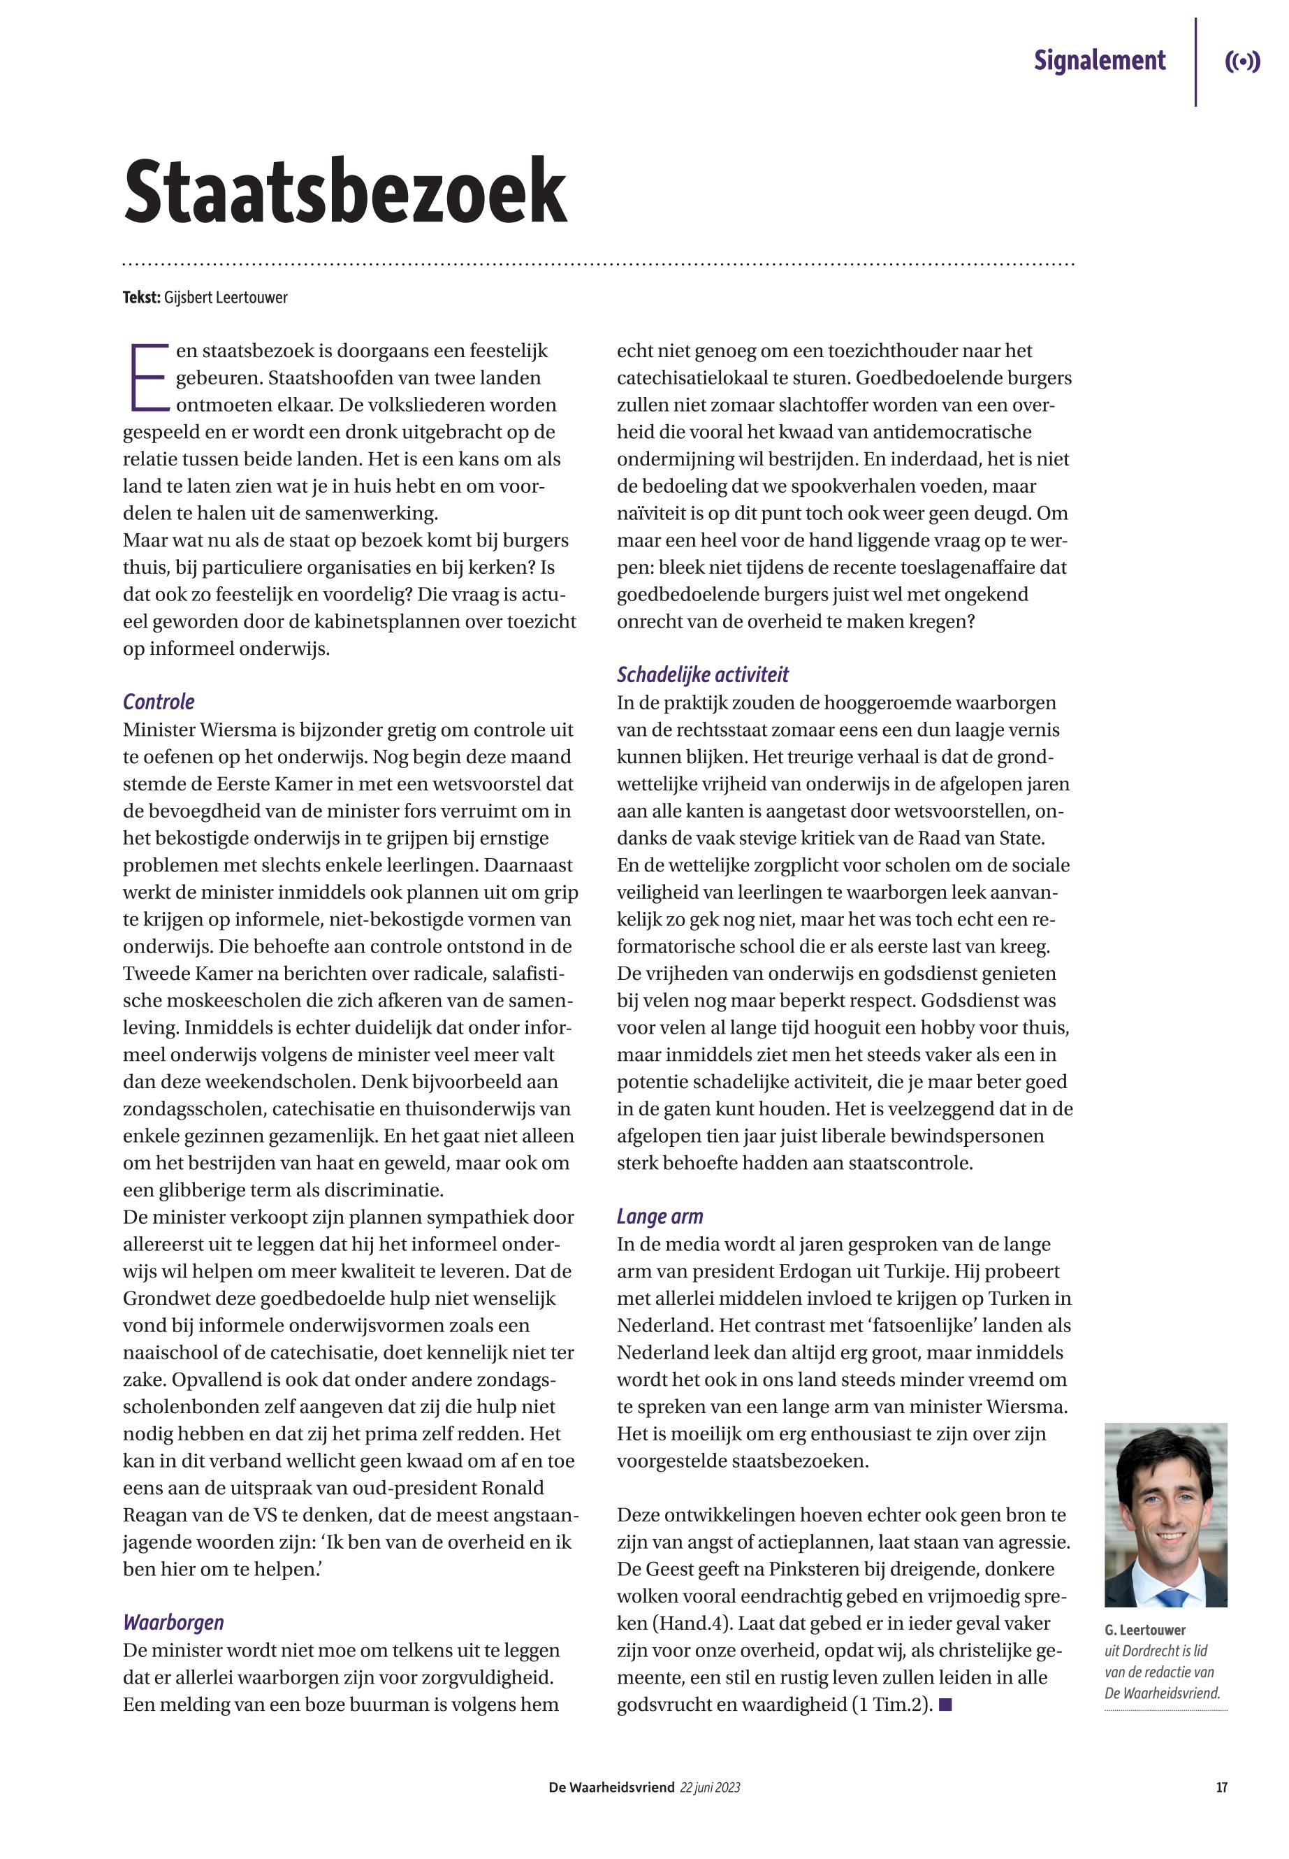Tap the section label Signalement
[x=1099, y=61]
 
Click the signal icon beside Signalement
[x=1242, y=62]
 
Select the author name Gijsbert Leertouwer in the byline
[x=226, y=297]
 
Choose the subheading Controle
[x=159, y=701]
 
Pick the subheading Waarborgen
[x=173, y=1622]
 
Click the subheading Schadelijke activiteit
[x=702, y=674]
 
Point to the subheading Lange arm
[x=659, y=1217]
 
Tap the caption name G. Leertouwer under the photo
[x=1144, y=1630]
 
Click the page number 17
[x=1221, y=1788]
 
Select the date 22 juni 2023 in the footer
[x=710, y=1788]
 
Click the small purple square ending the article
[x=946, y=1705]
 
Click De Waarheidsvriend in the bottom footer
[x=611, y=1788]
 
